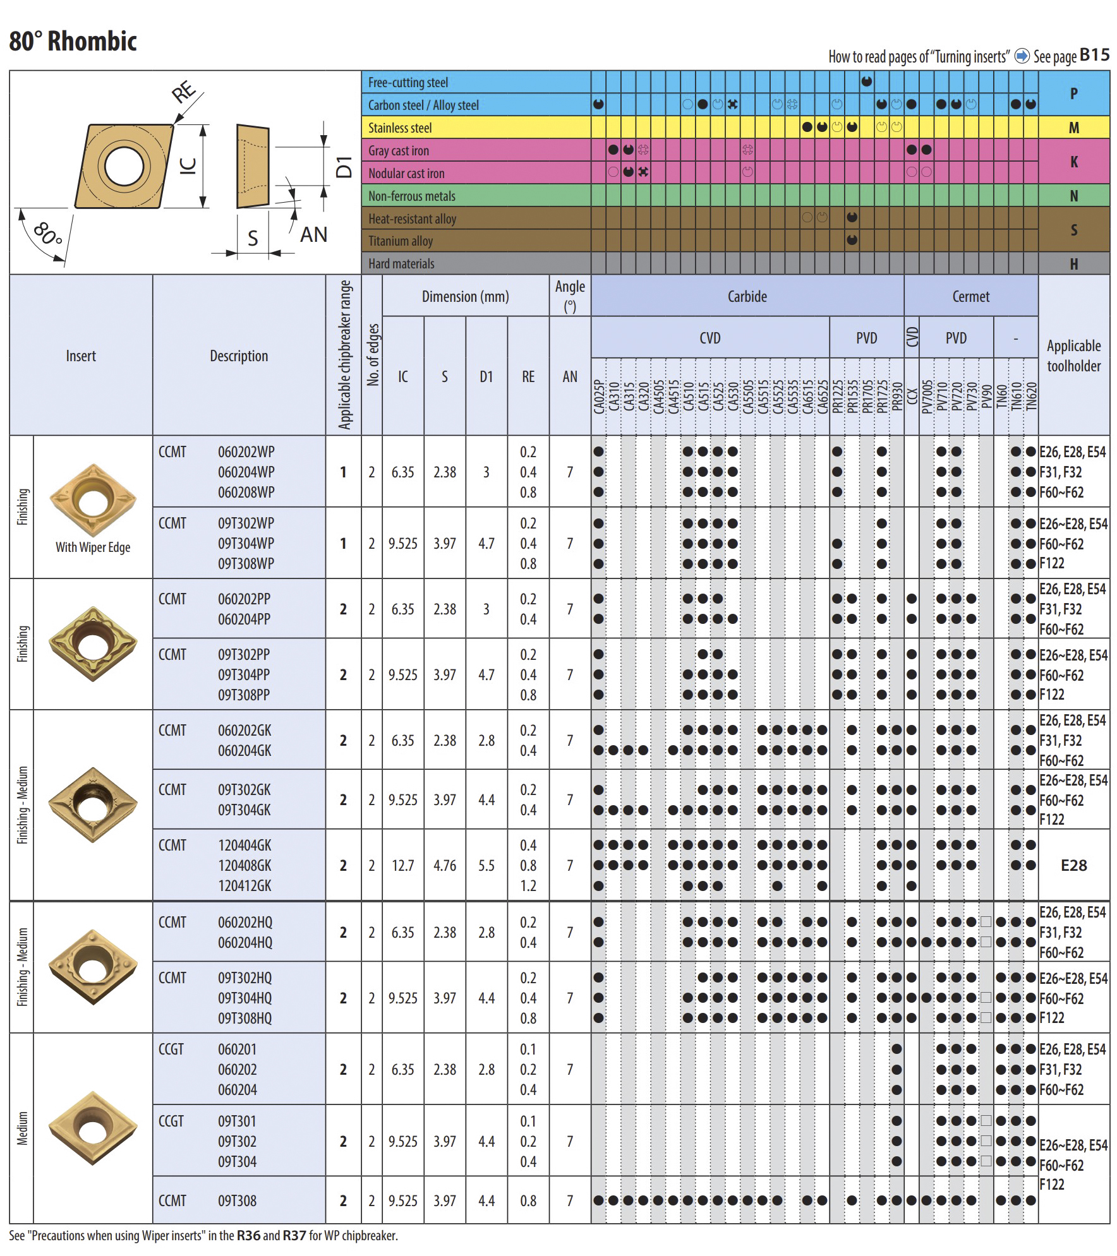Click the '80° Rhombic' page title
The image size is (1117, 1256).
(x=73, y=42)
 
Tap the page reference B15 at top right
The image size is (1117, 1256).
(x=1094, y=55)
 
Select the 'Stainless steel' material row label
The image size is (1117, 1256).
(x=400, y=128)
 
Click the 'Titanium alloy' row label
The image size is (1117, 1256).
(x=401, y=241)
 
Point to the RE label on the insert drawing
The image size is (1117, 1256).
(x=184, y=93)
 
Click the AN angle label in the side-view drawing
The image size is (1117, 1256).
(x=313, y=235)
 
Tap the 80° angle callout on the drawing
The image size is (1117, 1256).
(x=48, y=234)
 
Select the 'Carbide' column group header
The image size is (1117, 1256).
(x=747, y=296)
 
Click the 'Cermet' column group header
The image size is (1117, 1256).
(x=970, y=296)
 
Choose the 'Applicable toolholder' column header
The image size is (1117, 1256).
(x=1073, y=356)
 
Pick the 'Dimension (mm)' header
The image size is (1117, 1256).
(x=465, y=296)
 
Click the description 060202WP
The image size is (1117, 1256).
(x=246, y=452)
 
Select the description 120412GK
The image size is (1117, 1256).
(x=245, y=886)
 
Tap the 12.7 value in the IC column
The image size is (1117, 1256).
(x=402, y=866)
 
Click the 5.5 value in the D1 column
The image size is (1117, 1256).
(x=486, y=866)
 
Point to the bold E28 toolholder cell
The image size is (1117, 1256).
(x=1073, y=866)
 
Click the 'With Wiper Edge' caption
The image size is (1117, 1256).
(x=93, y=547)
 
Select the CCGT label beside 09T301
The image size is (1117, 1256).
(x=171, y=1121)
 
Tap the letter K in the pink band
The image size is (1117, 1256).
(x=1073, y=162)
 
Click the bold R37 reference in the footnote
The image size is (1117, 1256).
(x=294, y=1235)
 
